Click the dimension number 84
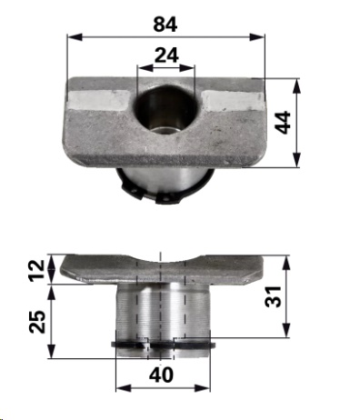tap(165, 25)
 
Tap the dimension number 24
tap(166, 55)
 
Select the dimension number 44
tap(284, 123)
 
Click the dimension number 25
tap(37, 322)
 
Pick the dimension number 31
tap(274, 296)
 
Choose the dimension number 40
tap(161, 375)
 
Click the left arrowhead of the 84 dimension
tap(75, 37)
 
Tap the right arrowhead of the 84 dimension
tap(257, 37)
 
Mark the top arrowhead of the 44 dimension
tap(296, 86)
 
